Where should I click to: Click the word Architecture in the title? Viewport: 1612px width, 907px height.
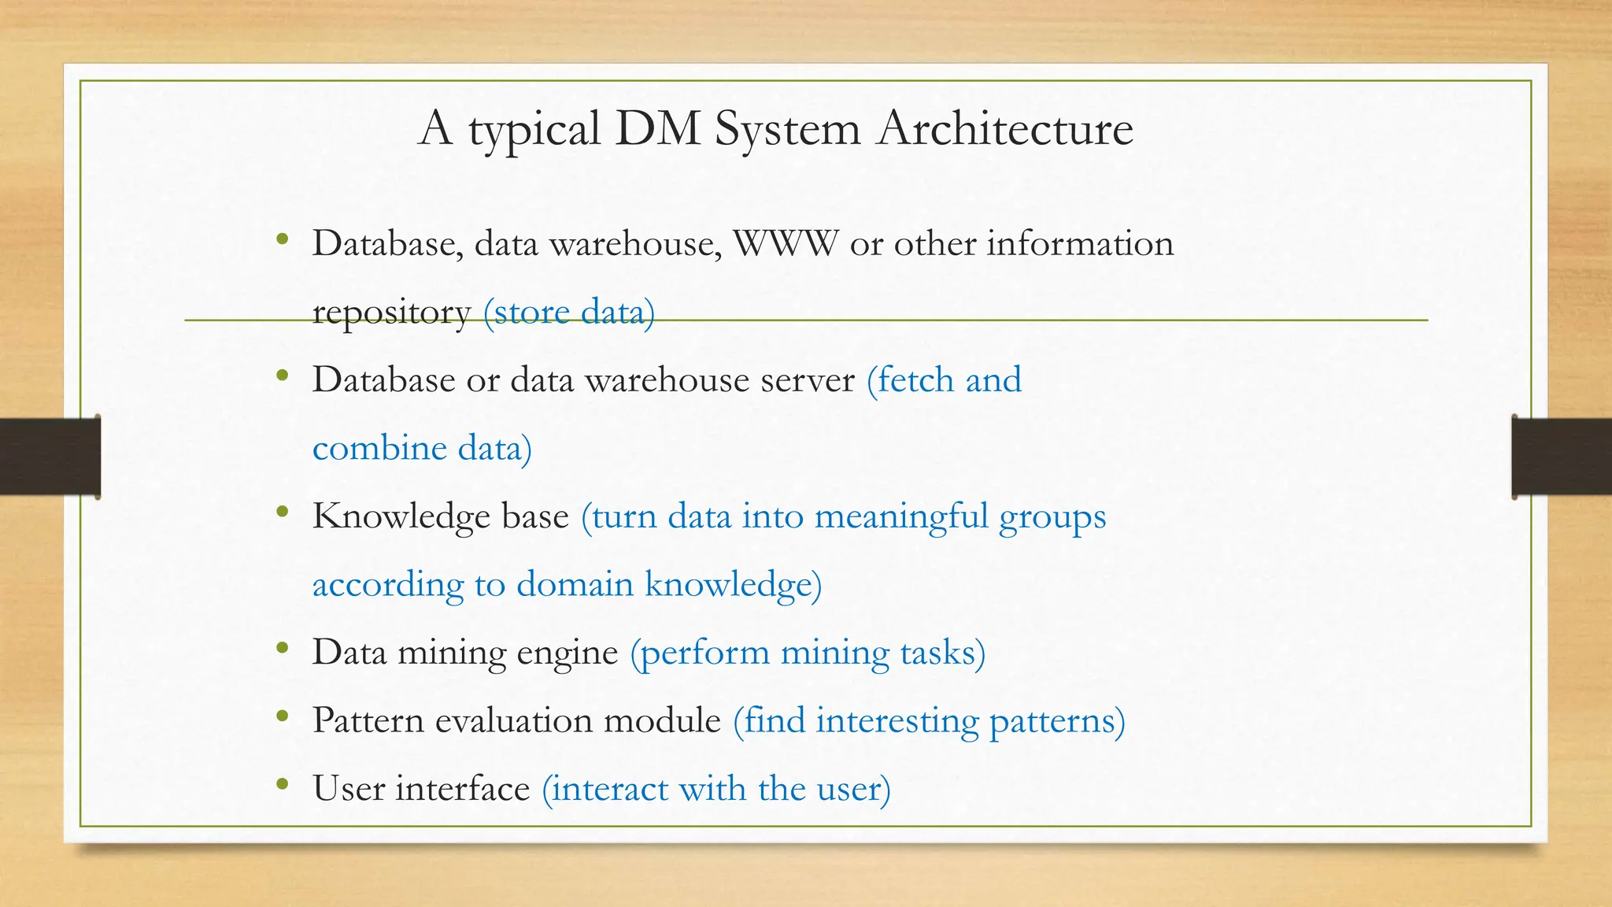(1005, 129)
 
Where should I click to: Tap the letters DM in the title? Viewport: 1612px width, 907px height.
(658, 129)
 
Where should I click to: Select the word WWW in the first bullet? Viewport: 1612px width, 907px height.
(786, 244)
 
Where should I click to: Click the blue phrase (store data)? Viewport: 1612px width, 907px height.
(568, 313)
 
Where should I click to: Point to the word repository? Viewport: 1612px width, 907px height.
(391, 313)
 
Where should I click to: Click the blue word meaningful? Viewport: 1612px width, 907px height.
(901, 517)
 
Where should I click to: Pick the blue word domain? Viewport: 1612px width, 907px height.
(575, 585)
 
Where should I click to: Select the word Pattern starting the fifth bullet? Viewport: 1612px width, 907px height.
(368, 721)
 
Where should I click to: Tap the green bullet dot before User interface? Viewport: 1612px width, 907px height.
(283, 785)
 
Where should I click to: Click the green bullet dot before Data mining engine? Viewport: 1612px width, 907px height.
(283, 649)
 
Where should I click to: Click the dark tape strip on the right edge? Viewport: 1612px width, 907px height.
(1562, 457)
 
